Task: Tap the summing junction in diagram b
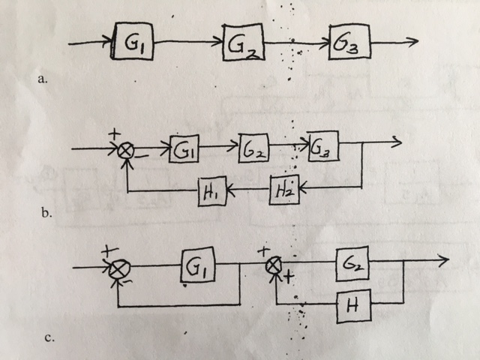[x=126, y=151]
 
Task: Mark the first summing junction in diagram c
[x=117, y=267]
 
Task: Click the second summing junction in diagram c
[x=275, y=263]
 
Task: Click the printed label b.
[x=46, y=214]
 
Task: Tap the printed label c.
[x=49, y=337]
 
